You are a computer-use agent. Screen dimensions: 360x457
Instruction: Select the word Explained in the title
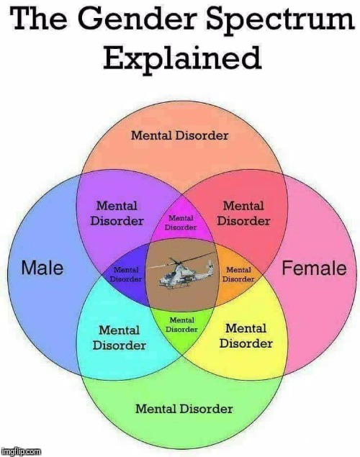click(182, 58)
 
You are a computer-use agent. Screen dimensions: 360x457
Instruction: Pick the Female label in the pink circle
click(314, 268)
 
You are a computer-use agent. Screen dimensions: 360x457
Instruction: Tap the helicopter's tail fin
click(210, 266)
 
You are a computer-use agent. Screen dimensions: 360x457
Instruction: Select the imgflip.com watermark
click(21, 451)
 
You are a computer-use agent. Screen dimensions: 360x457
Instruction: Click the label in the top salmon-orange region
click(179, 135)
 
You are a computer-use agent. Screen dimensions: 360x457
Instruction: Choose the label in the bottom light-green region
click(184, 409)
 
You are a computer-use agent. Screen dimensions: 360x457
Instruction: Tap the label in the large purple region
click(117, 213)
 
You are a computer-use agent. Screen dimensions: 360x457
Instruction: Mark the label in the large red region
click(243, 213)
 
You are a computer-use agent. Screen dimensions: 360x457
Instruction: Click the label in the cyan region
click(120, 338)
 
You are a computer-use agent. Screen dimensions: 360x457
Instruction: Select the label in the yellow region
click(246, 336)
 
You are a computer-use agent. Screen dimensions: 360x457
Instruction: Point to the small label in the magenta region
click(181, 222)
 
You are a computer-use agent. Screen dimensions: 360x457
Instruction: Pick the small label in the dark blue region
click(125, 274)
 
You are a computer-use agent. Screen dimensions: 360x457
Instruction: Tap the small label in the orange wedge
click(238, 274)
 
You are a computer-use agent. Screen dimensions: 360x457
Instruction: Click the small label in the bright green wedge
click(181, 325)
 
